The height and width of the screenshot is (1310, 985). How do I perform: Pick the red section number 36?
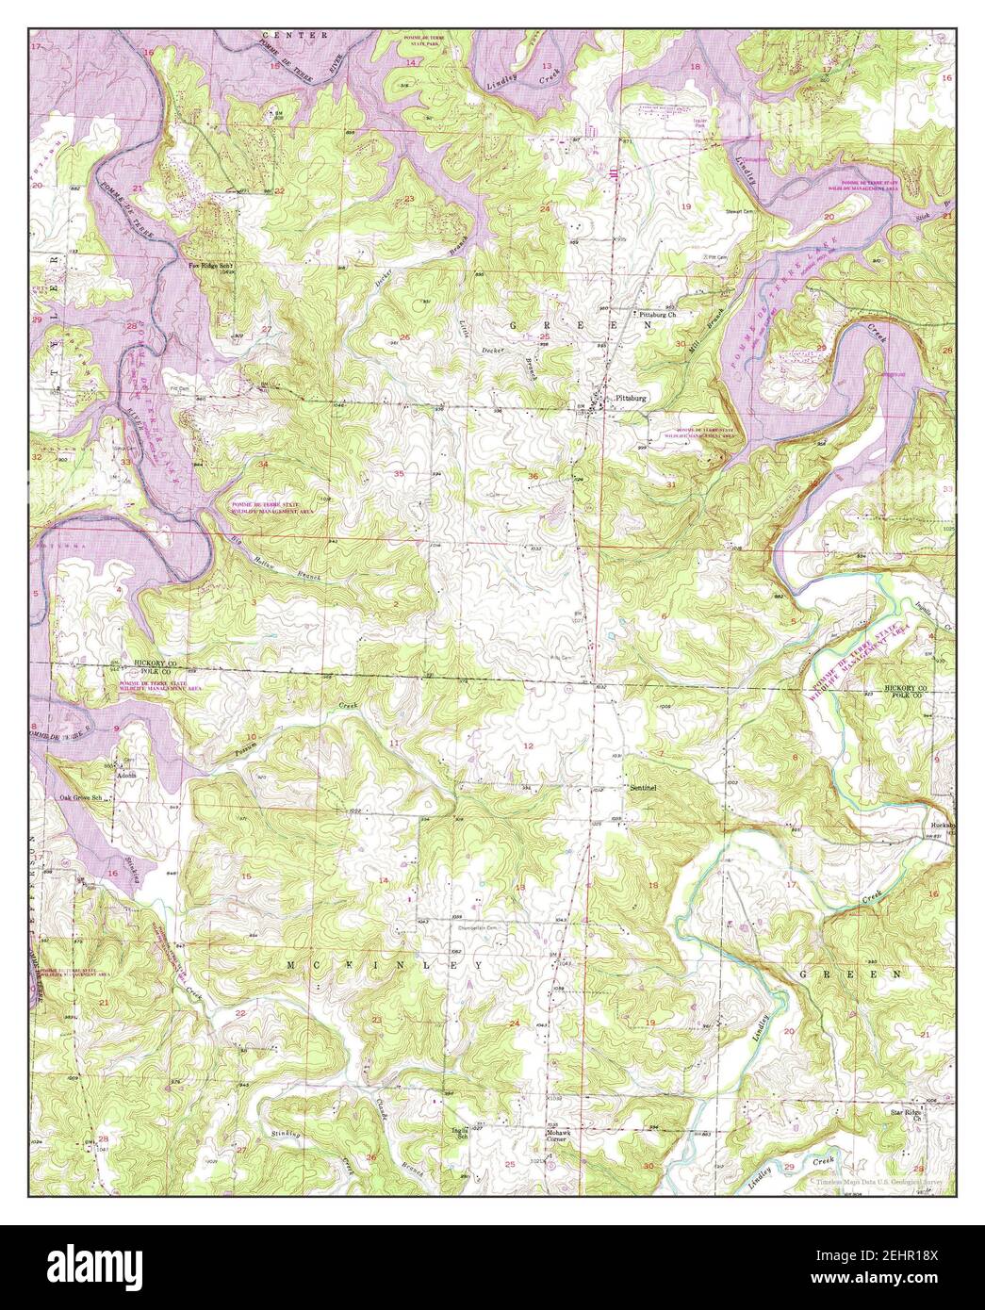pyautogui.click(x=534, y=476)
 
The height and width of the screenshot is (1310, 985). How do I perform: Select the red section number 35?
pyautogui.click(x=400, y=473)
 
